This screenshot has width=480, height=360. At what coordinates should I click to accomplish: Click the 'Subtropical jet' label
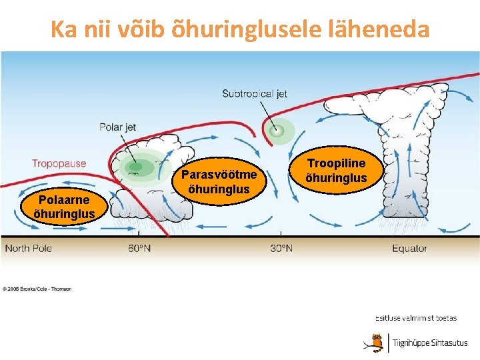click(x=255, y=93)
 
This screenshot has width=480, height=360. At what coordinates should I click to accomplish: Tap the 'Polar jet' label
click(x=117, y=127)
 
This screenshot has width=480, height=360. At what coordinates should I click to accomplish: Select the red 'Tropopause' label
click(x=59, y=163)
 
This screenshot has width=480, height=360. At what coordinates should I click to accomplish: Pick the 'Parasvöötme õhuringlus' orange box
click(x=219, y=181)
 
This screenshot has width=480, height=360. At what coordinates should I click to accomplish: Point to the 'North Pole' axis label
click(x=28, y=249)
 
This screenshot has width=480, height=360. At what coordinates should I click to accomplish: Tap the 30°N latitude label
click(x=281, y=249)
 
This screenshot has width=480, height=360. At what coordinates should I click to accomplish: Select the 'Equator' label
click(x=409, y=249)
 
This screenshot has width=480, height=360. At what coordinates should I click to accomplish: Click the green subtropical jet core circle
click(x=277, y=131)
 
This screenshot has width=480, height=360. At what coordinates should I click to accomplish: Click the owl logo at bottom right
click(x=377, y=343)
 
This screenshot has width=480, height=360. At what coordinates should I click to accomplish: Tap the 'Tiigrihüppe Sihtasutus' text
click(x=430, y=343)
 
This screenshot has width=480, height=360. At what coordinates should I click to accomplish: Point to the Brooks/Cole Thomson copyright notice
click(x=37, y=289)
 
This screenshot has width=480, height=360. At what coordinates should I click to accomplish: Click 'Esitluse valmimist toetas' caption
click(x=416, y=319)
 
